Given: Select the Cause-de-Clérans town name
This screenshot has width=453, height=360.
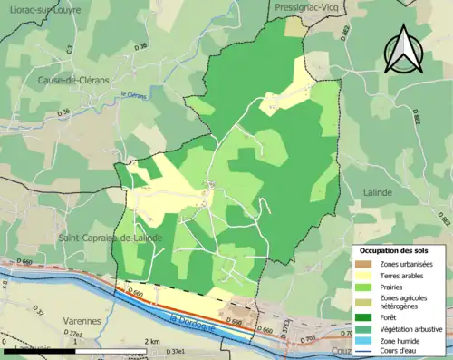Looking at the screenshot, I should pos(73,80).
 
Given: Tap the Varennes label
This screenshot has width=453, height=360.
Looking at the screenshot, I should pos(82,320).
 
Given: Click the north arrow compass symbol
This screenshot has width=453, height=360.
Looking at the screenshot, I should pos(400,49).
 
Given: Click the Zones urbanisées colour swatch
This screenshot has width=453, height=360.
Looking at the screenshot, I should pos(365,264).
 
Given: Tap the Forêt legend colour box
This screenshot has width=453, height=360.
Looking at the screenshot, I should pos(365,316).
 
